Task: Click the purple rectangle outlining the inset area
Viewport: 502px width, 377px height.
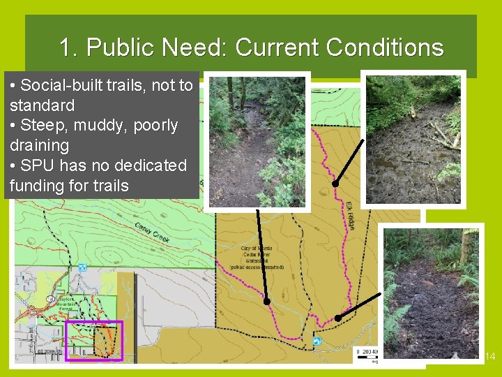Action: coord(93,341)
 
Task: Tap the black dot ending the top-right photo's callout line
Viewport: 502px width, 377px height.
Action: coord(335,184)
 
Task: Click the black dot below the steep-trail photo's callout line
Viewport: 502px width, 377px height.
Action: coord(266,302)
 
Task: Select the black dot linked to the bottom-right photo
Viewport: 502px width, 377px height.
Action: coord(337,318)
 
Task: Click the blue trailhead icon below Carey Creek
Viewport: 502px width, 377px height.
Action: coord(83,267)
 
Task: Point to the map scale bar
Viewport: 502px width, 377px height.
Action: coord(365,352)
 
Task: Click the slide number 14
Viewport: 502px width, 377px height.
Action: coord(489,357)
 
